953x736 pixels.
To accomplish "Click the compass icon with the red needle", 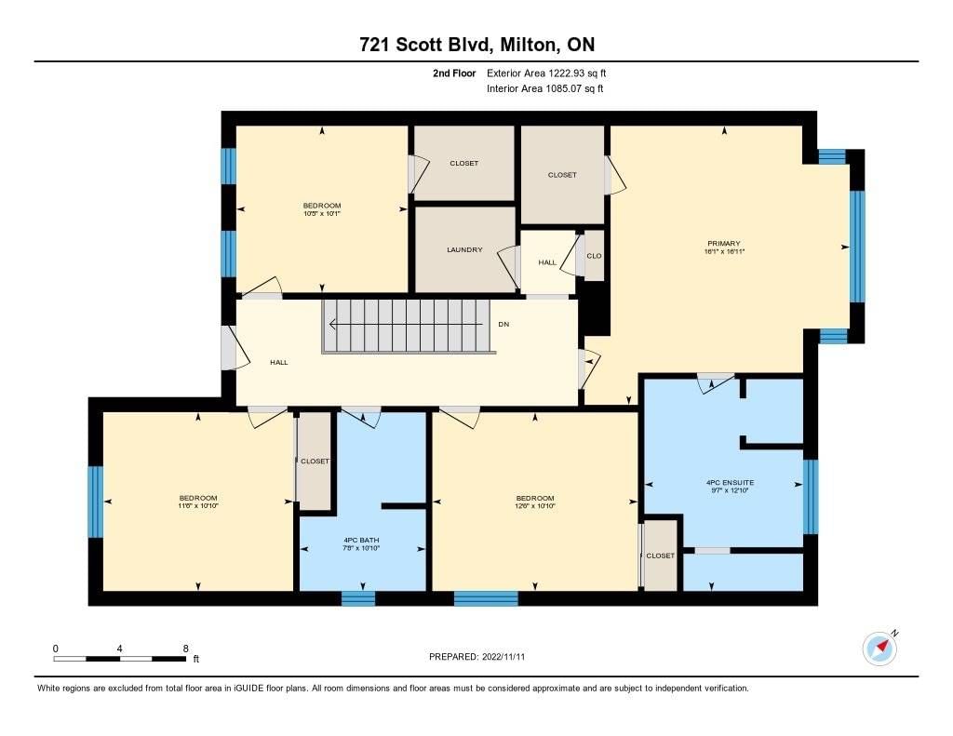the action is [x=879, y=649].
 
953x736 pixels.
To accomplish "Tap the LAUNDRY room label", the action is [x=464, y=249].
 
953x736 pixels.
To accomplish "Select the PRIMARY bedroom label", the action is [x=724, y=243].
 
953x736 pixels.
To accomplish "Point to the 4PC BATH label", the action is [x=362, y=540].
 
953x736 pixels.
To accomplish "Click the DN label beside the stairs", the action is [x=503, y=324].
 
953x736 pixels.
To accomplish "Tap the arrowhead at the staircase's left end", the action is [x=332, y=324].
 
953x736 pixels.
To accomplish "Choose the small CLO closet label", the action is [x=594, y=256].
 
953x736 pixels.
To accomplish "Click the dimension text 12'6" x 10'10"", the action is [x=535, y=505].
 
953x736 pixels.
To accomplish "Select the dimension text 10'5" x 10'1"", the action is [x=322, y=213].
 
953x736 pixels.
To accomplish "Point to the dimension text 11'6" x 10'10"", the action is [x=198, y=505].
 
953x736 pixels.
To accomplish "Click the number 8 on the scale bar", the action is [x=186, y=649].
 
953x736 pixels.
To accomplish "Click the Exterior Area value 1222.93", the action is [x=566, y=73].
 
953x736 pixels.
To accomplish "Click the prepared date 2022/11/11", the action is [x=503, y=657].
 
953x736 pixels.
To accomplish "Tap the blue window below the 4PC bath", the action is [x=358, y=598].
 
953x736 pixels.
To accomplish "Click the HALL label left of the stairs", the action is [x=279, y=362].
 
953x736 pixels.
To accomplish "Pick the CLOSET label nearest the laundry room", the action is [x=464, y=163].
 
